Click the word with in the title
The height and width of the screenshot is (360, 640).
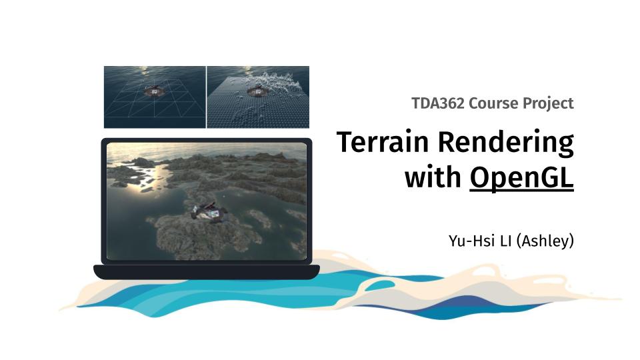pos(433,178)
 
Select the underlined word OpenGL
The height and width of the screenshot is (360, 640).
pos(521,179)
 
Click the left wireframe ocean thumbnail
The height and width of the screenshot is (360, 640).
pos(155,97)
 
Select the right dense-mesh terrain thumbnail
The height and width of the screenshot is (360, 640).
pos(258,97)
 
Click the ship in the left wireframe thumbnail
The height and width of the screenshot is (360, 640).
pos(155,91)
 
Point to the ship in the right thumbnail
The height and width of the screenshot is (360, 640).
pos(255,91)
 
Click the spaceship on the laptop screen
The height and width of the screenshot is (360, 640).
pos(208,212)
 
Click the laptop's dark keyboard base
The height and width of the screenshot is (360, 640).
pos(206,271)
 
